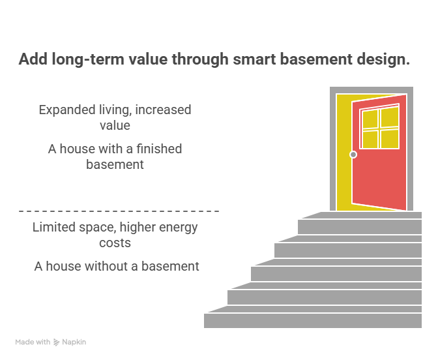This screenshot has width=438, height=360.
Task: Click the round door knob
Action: coord(353,155)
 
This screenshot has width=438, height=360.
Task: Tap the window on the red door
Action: coord(380,128)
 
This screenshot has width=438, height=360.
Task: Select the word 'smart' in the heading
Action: coord(253,60)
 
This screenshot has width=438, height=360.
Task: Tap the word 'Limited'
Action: coord(57,228)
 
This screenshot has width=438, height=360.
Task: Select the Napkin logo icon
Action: coord(57,342)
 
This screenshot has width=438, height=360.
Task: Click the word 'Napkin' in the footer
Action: coord(74,342)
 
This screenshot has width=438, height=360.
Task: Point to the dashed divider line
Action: coord(119,211)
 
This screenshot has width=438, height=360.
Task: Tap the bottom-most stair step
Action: coord(313,321)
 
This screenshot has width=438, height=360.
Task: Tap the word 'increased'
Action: coord(160,110)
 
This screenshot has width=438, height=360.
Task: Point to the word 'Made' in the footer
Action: coord(24,342)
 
